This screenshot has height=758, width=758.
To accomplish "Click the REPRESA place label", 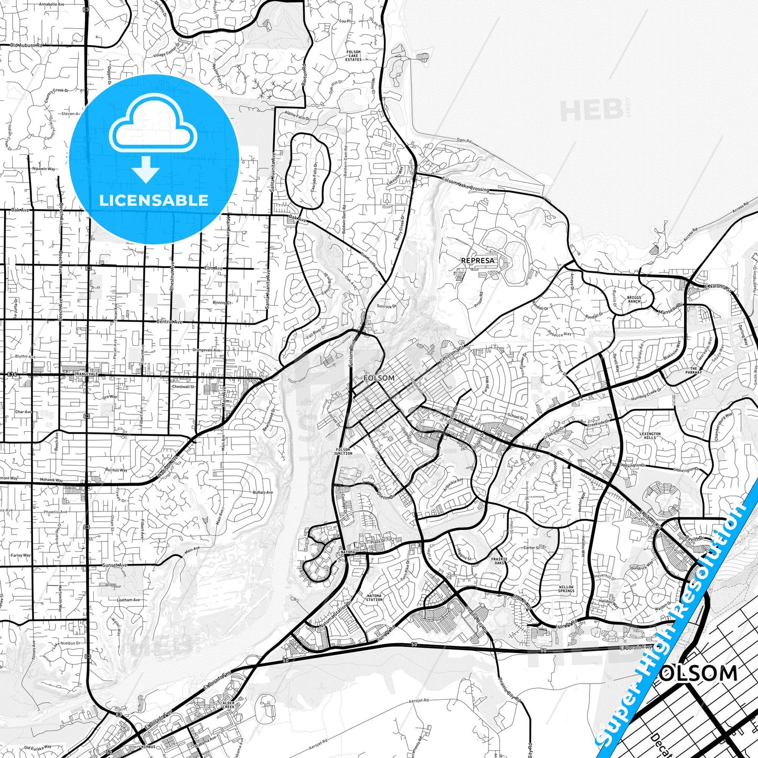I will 477,260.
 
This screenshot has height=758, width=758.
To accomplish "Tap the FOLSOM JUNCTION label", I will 343,451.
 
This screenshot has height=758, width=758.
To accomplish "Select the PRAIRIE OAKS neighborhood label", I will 499,561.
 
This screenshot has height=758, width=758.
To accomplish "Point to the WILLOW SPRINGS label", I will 566,589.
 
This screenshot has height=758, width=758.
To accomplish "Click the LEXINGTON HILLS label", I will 650,435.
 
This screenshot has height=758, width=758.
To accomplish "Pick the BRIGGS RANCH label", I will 634,300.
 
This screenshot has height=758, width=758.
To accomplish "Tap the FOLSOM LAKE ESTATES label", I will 354,56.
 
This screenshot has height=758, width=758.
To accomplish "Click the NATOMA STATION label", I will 374,597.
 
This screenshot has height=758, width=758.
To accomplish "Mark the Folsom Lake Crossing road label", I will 465,185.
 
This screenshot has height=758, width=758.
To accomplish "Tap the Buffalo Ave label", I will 263,493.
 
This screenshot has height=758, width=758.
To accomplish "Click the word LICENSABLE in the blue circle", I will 154,200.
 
